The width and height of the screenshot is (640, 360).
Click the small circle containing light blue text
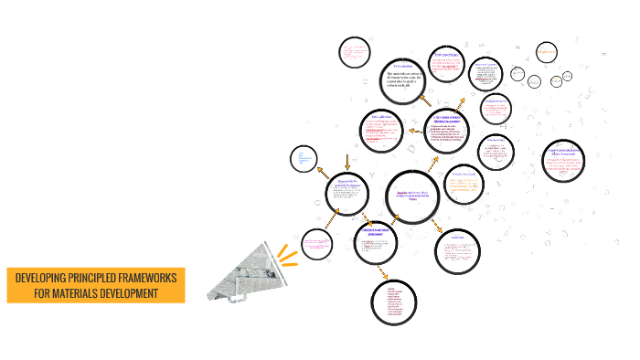pos(304,160)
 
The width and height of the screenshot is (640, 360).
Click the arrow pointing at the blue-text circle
pos(321,170)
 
